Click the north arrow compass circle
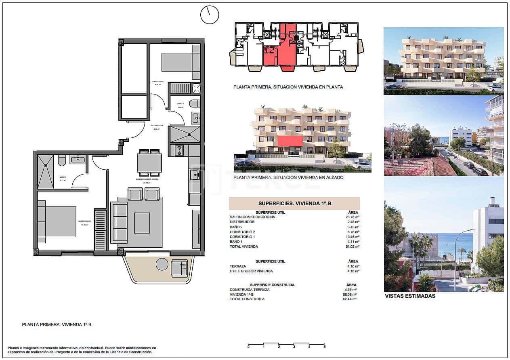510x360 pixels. coord(210,15)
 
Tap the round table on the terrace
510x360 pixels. coord(162,264)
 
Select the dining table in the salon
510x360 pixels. coord(149,163)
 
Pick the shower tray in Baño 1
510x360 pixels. coord(45,171)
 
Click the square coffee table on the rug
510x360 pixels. coord(142,223)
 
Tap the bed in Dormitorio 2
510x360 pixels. coord(178,62)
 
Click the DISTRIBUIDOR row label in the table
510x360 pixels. coord(242,222)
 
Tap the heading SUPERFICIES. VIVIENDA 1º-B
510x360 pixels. coord(294,204)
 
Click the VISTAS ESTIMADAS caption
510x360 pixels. coord(410,296)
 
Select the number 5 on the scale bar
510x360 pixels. coord(324,347)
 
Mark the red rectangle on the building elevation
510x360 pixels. coord(290,141)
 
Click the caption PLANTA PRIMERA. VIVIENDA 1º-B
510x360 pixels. coord(57,324)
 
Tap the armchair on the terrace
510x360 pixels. coord(179,268)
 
